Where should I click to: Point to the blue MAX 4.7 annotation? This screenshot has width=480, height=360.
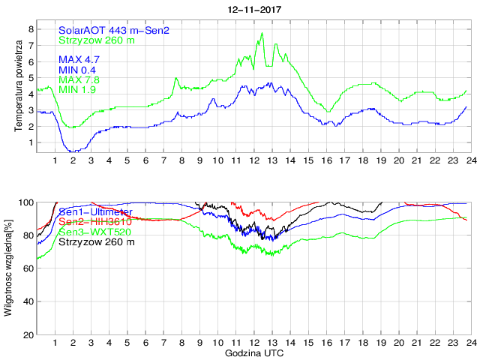pos(79,58)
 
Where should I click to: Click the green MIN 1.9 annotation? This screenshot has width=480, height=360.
pos(78,90)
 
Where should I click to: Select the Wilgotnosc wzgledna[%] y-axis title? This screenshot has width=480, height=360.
pos(8,268)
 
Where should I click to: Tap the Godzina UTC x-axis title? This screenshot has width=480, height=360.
pos(253,352)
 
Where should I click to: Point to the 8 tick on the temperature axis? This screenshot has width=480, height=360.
pos(31,29)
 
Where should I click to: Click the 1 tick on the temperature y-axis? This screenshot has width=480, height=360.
pos(31,142)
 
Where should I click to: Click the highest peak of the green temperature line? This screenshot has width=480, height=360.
pos(262,33)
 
